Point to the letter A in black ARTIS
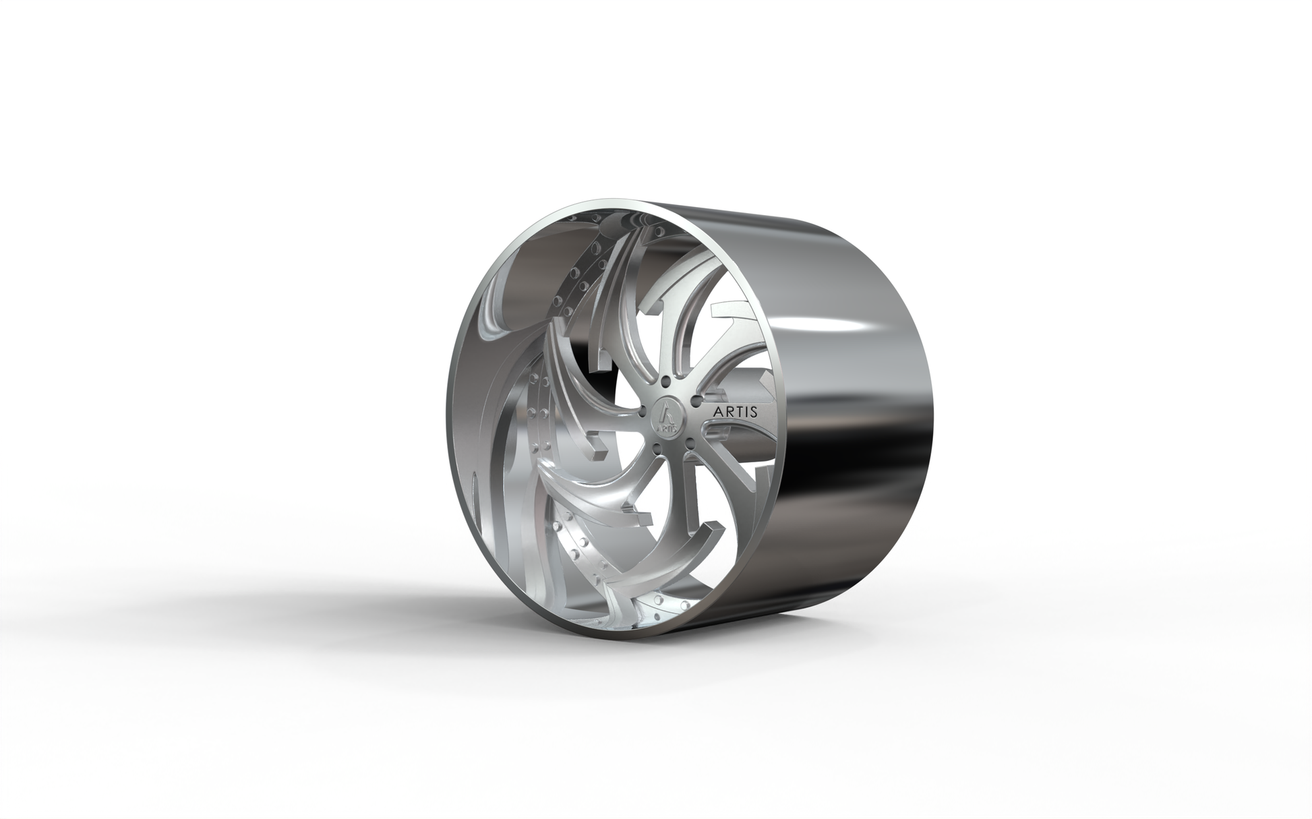click(x=711, y=411)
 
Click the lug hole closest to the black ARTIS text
click(x=694, y=402)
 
